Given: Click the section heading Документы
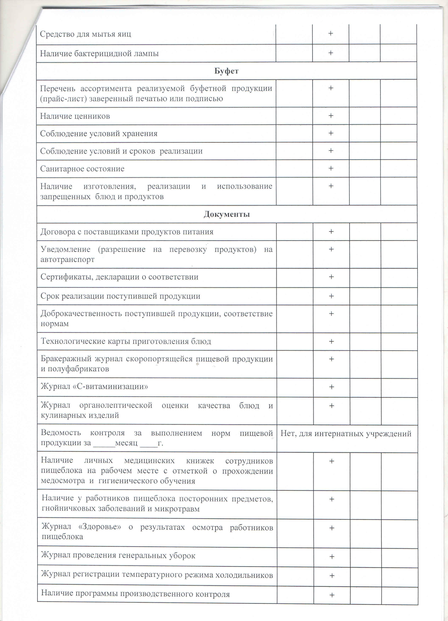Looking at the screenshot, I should (226, 214).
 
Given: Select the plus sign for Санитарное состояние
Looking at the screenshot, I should (331, 168).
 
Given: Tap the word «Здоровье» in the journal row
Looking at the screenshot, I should (100, 527).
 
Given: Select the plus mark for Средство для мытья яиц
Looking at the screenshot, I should (331, 33).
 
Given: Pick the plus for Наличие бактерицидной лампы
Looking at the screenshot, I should (331, 53).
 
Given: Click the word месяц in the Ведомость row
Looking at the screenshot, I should (126, 443).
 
